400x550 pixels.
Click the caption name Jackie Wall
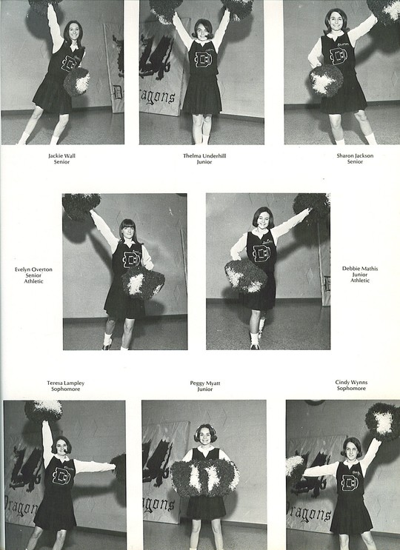click(61, 155)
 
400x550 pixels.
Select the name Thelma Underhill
click(204, 155)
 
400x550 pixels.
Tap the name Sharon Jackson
click(355, 155)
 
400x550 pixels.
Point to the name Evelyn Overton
click(33, 269)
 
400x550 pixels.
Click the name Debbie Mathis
click(360, 269)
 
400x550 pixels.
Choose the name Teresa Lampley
click(66, 383)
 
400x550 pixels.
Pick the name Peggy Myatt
click(205, 383)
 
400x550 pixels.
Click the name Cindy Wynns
click(351, 382)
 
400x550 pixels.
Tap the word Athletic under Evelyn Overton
click(33, 281)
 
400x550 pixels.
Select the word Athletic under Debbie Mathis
click(360, 281)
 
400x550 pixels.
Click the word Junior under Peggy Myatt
click(205, 389)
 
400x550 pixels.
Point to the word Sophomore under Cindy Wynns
click(351, 389)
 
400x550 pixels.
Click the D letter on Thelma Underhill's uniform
click(202, 59)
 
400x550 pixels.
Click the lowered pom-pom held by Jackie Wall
click(76, 81)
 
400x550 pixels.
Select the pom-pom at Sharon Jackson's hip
click(327, 81)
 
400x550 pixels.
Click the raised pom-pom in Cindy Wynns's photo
click(383, 421)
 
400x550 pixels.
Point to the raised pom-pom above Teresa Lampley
click(43, 411)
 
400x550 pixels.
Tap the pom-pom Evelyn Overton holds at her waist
click(143, 283)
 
